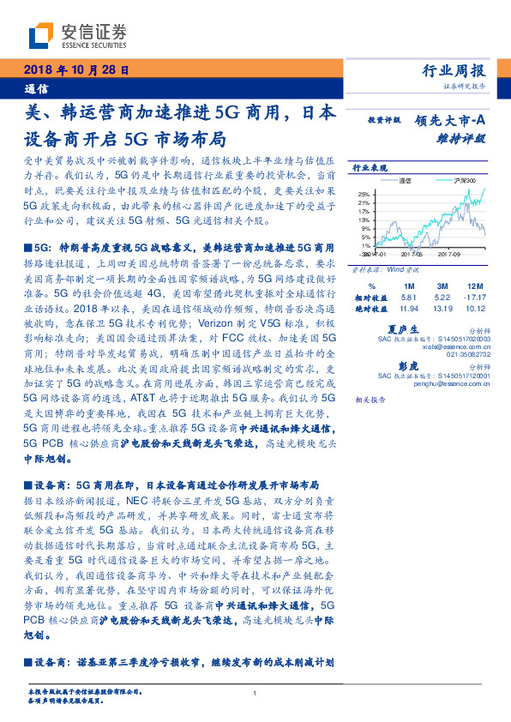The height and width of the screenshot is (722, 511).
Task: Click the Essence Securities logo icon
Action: tap(42, 36)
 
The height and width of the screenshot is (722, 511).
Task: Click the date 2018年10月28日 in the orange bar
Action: tap(76, 70)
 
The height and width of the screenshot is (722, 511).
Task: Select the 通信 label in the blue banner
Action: tap(35, 88)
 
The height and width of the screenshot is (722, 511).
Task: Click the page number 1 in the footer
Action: tap(255, 694)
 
